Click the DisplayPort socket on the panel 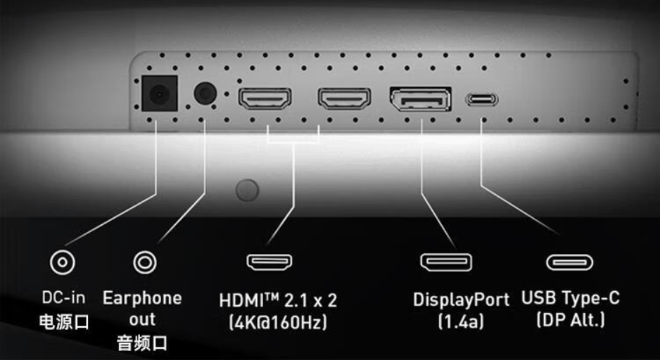click(420, 99)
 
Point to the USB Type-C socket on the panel click(483, 99)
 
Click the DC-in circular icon click(62, 263)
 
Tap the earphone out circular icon click(145, 263)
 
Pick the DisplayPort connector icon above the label click(445, 262)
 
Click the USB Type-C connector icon click(569, 262)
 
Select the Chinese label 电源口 click(63, 322)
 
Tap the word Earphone click(142, 297)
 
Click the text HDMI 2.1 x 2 click(277, 300)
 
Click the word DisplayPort click(460, 300)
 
